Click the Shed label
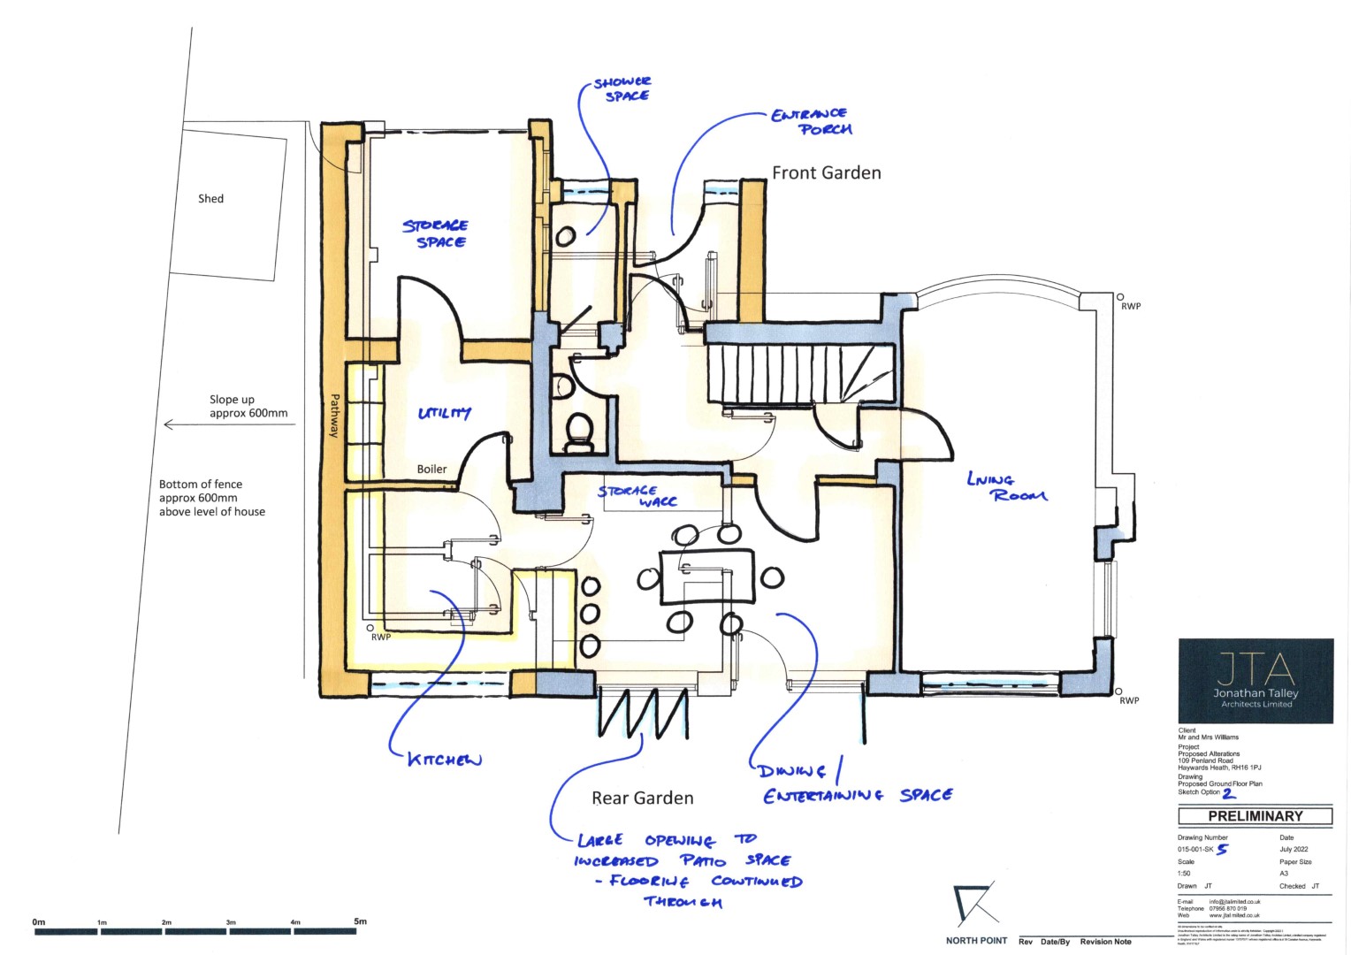[x=210, y=199]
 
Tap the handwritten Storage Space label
[x=436, y=233]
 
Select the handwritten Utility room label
[x=444, y=413]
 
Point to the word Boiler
[x=431, y=470]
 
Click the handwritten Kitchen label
[x=444, y=760]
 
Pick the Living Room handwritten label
[x=1006, y=487]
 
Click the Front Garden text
[x=826, y=173]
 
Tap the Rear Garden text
[x=642, y=798]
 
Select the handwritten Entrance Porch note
[x=811, y=121]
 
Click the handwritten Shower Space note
[x=623, y=88]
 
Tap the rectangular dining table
[x=706, y=577]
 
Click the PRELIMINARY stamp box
[x=1255, y=816]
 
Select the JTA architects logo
[x=1255, y=680]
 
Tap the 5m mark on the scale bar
[x=360, y=921]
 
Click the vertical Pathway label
[x=334, y=416]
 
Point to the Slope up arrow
[x=230, y=425]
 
